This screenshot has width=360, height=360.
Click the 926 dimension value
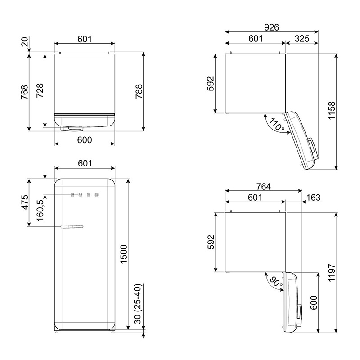pyautogui.click(x=271, y=27)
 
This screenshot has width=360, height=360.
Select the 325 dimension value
pyautogui.click(x=302, y=39)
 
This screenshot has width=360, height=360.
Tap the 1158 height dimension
pyautogui.click(x=332, y=110)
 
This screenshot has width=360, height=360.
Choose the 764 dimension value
pyautogui.click(x=264, y=187)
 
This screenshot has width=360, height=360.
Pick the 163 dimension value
pyautogui.click(x=313, y=197)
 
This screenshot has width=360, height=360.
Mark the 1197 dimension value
pyautogui.click(x=332, y=273)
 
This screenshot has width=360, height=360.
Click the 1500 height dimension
pyautogui.click(x=124, y=254)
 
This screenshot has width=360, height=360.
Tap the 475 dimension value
pyautogui.click(x=25, y=202)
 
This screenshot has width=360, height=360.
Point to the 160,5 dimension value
pyautogui.click(x=40, y=210)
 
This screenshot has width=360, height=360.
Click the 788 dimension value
pyautogui.click(x=139, y=92)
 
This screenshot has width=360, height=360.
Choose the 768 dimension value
pyautogui.click(x=25, y=92)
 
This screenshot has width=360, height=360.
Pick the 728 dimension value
pyautogui.click(x=40, y=90)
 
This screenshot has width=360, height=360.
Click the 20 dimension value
pyautogui.click(x=25, y=41)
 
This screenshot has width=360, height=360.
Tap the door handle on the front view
pyautogui.click(x=72, y=227)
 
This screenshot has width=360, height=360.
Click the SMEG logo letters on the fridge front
pyautogui.click(x=85, y=195)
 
